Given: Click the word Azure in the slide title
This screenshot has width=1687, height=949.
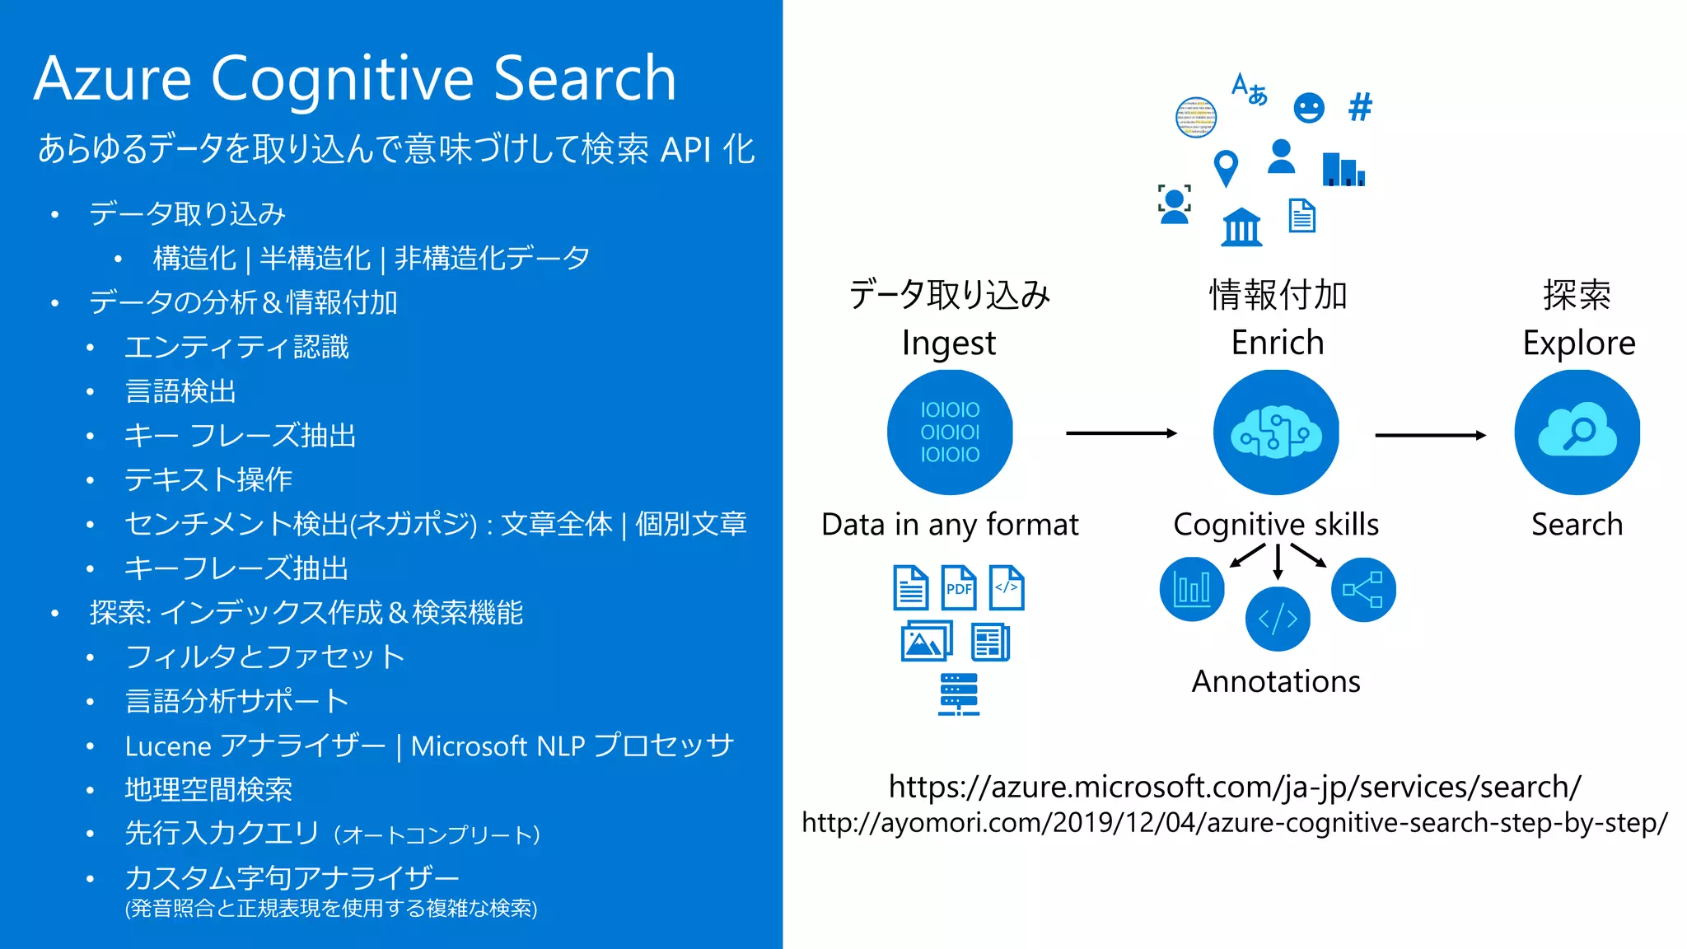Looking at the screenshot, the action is (x=113, y=79).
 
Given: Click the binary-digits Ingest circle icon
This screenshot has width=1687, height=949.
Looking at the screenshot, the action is (x=950, y=432).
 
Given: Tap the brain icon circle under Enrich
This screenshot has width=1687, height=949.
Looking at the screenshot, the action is (x=1276, y=432).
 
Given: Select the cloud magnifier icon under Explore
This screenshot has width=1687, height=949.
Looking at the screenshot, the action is (x=1577, y=432).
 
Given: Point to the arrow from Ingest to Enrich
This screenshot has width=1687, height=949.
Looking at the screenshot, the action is (x=1121, y=433).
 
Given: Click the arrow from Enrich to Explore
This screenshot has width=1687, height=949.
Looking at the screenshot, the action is (x=1430, y=435).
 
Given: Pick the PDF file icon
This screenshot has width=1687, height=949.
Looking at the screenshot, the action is (x=959, y=587).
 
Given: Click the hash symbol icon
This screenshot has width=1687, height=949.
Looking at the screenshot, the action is (x=1360, y=107).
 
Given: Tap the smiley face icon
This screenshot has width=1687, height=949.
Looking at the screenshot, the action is (x=1308, y=108).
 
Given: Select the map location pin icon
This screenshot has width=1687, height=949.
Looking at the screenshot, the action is (x=1226, y=168).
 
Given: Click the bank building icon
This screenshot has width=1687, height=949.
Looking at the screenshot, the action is (x=1241, y=227).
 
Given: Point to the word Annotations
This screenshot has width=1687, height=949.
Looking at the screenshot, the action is (x=1276, y=681).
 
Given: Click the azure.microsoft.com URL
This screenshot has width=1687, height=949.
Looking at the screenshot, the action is (x=1234, y=787).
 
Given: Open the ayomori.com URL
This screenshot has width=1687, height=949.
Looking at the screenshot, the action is (x=1234, y=822).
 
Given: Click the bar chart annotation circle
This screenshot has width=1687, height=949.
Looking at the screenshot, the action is (x=1192, y=589).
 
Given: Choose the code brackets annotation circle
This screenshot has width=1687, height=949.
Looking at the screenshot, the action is (x=1278, y=619).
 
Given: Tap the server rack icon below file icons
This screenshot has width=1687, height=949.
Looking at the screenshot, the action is (x=959, y=694).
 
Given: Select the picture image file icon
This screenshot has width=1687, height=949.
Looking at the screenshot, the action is (x=926, y=642).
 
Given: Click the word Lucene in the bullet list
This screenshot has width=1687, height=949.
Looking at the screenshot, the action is (x=168, y=746).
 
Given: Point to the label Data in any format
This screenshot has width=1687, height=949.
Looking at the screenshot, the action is (x=950, y=525).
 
